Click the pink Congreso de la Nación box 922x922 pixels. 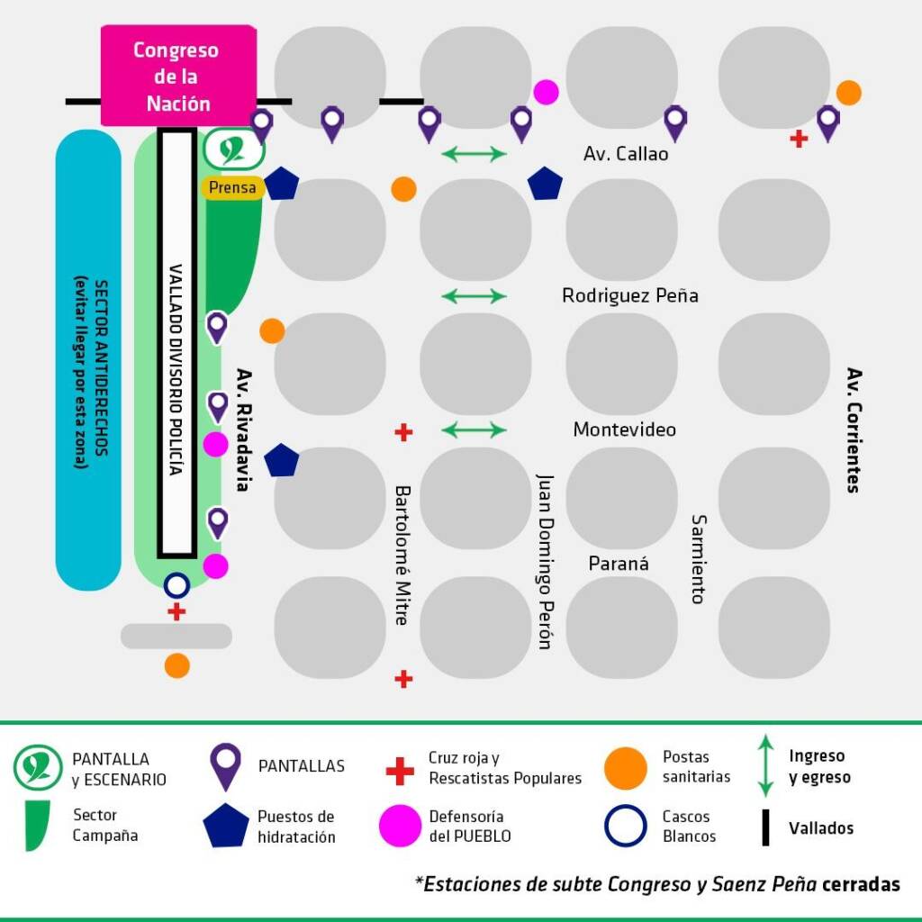[178, 76]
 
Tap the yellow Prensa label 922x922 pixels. [232, 188]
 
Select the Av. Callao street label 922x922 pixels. [626, 154]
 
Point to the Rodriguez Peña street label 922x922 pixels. [629, 295]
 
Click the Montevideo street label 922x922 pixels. [624, 429]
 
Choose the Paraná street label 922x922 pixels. [619, 564]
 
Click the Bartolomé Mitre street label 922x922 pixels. [402, 555]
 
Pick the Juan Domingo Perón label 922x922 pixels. [544, 560]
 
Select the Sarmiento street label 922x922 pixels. [699, 558]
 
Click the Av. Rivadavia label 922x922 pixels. [241, 429]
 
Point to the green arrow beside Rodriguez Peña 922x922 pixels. [475, 295]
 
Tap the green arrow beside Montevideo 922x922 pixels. [475, 429]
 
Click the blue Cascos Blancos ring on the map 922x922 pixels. [176, 586]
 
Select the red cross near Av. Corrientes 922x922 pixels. [798, 139]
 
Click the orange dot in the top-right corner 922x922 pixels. [848, 92]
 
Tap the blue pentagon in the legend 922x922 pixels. [225, 826]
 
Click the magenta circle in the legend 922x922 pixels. [400, 826]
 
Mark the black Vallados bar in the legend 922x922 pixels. [765, 827]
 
